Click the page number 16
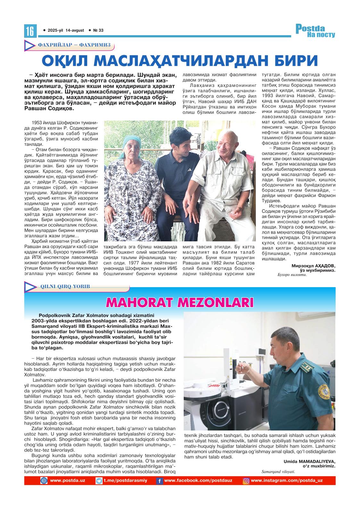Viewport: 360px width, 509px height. pos(30,31)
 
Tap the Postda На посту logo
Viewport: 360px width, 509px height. pos(315,31)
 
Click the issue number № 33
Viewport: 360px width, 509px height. pos(98,30)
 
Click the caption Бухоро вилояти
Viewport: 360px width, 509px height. pos(292,275)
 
